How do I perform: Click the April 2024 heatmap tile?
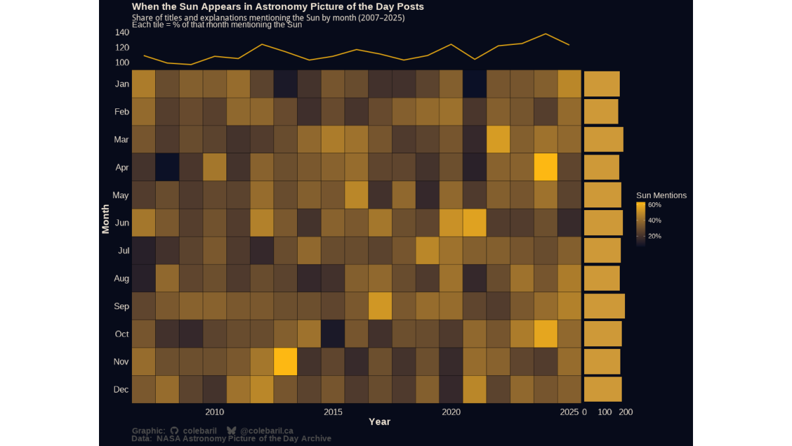[x=546, y=167]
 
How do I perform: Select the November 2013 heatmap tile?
[x=286, y=361]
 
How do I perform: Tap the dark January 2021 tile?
[x=475, y=84]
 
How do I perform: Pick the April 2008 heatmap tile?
[x=167, y=167]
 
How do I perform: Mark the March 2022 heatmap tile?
[x=498, y=139]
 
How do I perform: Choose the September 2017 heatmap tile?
[x=380, y=306]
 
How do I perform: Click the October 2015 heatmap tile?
[x=333, y=334]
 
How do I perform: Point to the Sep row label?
[x=121, y=307]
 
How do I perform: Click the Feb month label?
[x=121, y=112]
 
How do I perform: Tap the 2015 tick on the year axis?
[x=333, y=412]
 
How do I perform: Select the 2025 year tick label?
[x=569, y=412]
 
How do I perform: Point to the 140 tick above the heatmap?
[x=122, y=32]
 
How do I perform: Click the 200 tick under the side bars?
[x=626, y=412]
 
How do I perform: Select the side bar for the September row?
[x=604, y=306]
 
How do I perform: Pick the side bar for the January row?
[x=601, y=84]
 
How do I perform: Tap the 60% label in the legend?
[x=655, y=205]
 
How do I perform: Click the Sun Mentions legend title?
[x=661, y=196]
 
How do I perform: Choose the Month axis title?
[x=106, y=219]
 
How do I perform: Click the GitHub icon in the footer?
[x=174, y=431]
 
